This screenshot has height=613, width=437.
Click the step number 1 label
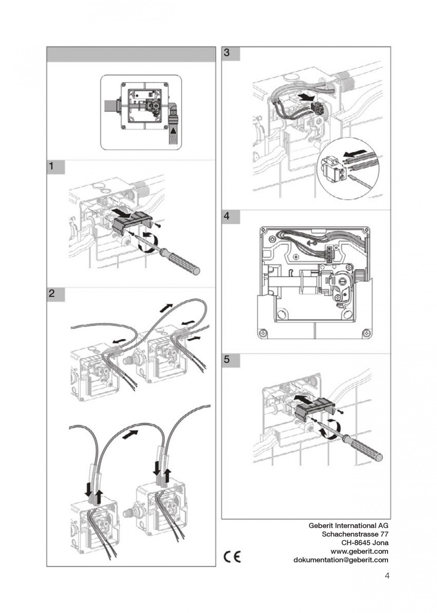(50, 166)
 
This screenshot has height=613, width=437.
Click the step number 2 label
(51, 294)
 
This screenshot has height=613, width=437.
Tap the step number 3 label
(227, 53)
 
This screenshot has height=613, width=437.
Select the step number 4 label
(227, 216)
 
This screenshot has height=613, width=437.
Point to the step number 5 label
(227, 360)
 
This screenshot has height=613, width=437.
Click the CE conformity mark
(232, 557)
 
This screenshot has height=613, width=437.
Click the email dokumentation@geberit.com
(341, 560)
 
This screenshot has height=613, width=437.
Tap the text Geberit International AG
(348, 526)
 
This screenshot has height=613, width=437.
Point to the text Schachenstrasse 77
(355, 534)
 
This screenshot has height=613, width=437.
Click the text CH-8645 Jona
(365, 543)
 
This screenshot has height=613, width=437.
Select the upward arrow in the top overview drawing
(174, 129)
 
